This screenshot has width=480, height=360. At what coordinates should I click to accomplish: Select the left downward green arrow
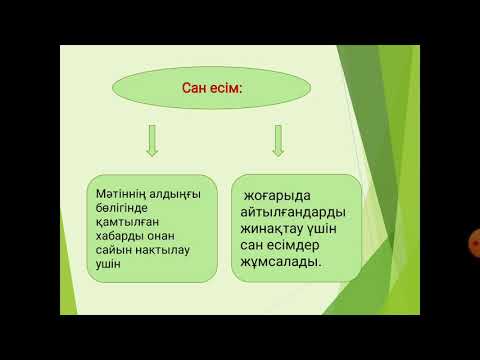point(152,141)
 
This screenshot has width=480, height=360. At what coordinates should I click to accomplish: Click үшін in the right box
point(339,233)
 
